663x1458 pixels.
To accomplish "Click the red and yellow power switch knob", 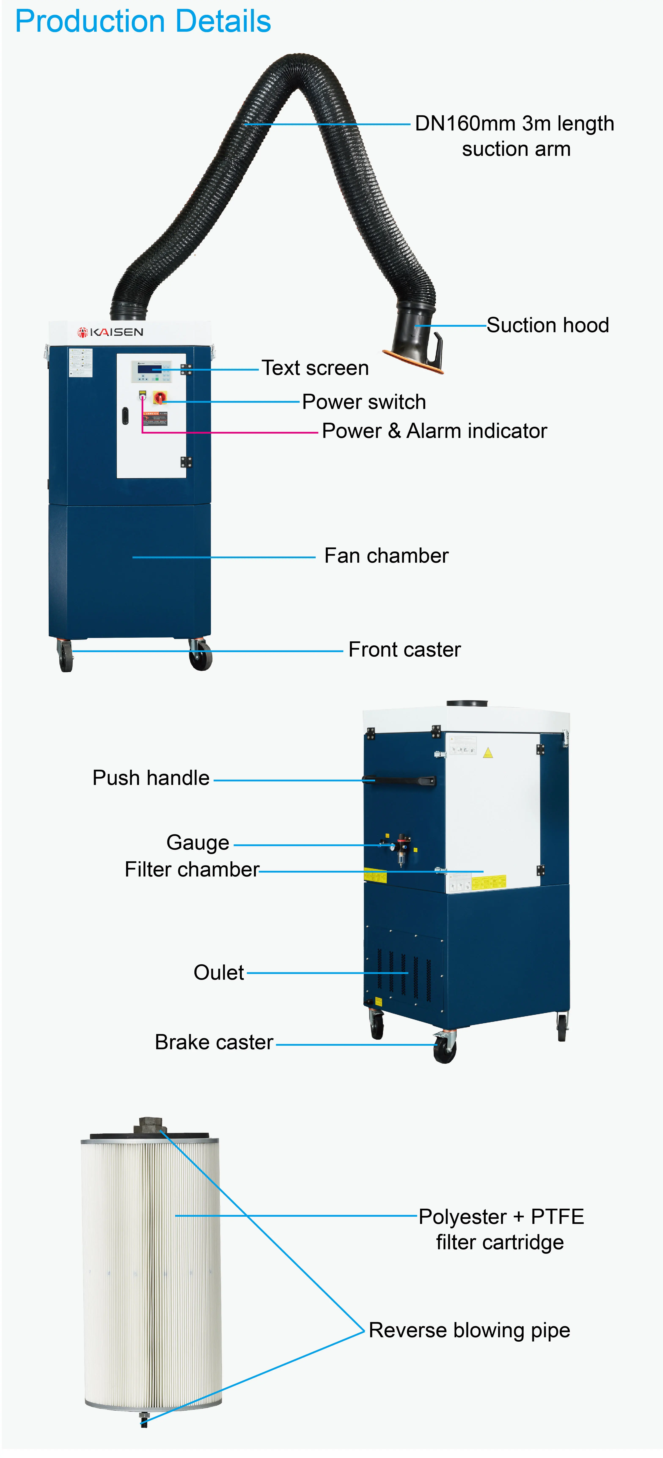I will [160, 398].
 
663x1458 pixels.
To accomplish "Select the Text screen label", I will [315, 368].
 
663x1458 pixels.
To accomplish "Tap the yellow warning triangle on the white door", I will [487, 753].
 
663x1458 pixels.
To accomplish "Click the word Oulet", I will [219, 972].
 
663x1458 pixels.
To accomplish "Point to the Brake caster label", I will [214, 1042].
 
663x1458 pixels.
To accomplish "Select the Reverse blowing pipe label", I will [469, 1330].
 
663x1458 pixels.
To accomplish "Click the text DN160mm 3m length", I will [514, 123].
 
